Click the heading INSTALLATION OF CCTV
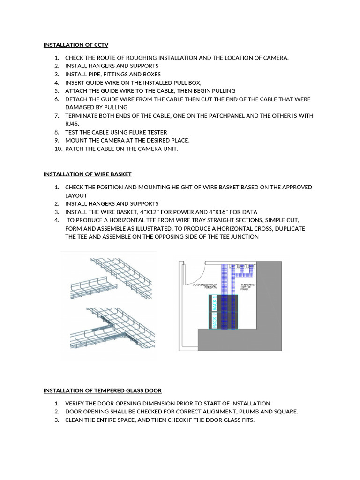pos(76,45)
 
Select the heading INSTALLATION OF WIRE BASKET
pos(88,174)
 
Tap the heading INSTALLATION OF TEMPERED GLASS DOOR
pos(103,390)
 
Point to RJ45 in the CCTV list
pos(73,124)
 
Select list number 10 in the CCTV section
pos(56,149)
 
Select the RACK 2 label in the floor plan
pos(215,321)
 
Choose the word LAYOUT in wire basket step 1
pos(76,195)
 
